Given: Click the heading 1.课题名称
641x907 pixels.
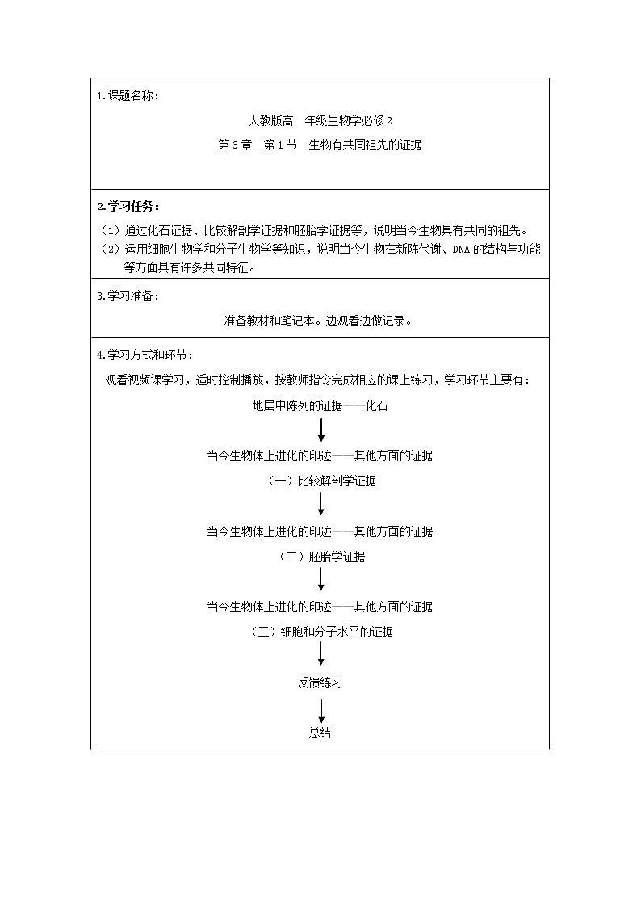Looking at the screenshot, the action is click(128, 96).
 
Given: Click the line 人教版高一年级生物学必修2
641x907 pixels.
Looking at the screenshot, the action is click(320, 121).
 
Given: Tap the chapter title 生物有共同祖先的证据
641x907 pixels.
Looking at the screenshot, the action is click(365, 145).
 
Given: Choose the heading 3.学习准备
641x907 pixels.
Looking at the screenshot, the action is click(128, 296).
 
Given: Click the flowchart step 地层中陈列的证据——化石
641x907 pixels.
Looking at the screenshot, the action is click(320, 405).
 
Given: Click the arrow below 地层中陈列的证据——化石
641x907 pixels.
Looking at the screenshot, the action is click(321, 430).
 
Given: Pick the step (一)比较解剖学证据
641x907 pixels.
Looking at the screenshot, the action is click(321, 481).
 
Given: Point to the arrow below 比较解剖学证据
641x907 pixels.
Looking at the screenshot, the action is click(321, 506).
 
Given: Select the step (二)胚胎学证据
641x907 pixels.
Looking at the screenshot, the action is click(321, 556).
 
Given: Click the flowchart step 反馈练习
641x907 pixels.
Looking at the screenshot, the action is click(320, 682).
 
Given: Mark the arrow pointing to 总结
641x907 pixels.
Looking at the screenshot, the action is click(321, 708).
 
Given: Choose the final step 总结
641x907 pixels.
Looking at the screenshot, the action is click(320, 733).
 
